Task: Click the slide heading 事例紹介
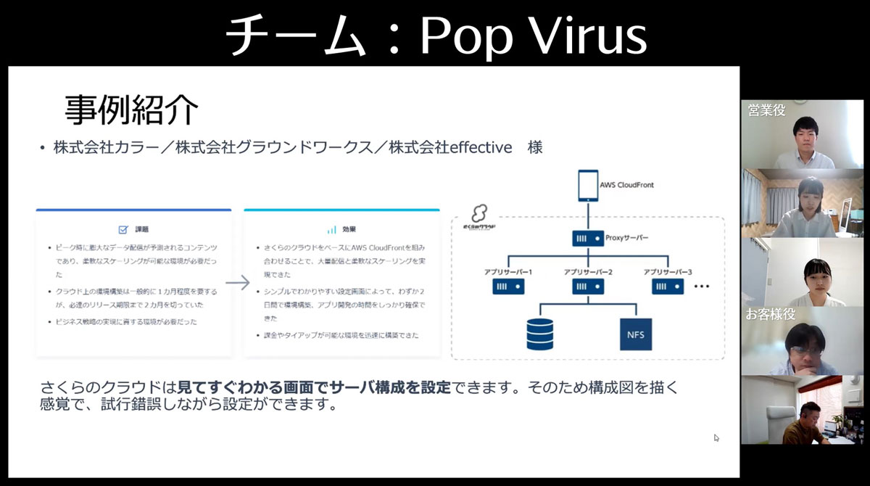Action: point(131,110)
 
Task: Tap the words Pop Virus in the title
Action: point(533,36)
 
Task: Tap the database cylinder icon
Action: point(539,334)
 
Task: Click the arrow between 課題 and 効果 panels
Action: point(237,283)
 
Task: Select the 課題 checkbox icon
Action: point(123,229)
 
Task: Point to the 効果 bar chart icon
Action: point(331,229)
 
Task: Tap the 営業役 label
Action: point(767,111)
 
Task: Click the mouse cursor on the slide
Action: point(716,437)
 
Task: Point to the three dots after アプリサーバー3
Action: point(701,287)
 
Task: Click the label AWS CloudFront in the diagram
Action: point(626,185)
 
